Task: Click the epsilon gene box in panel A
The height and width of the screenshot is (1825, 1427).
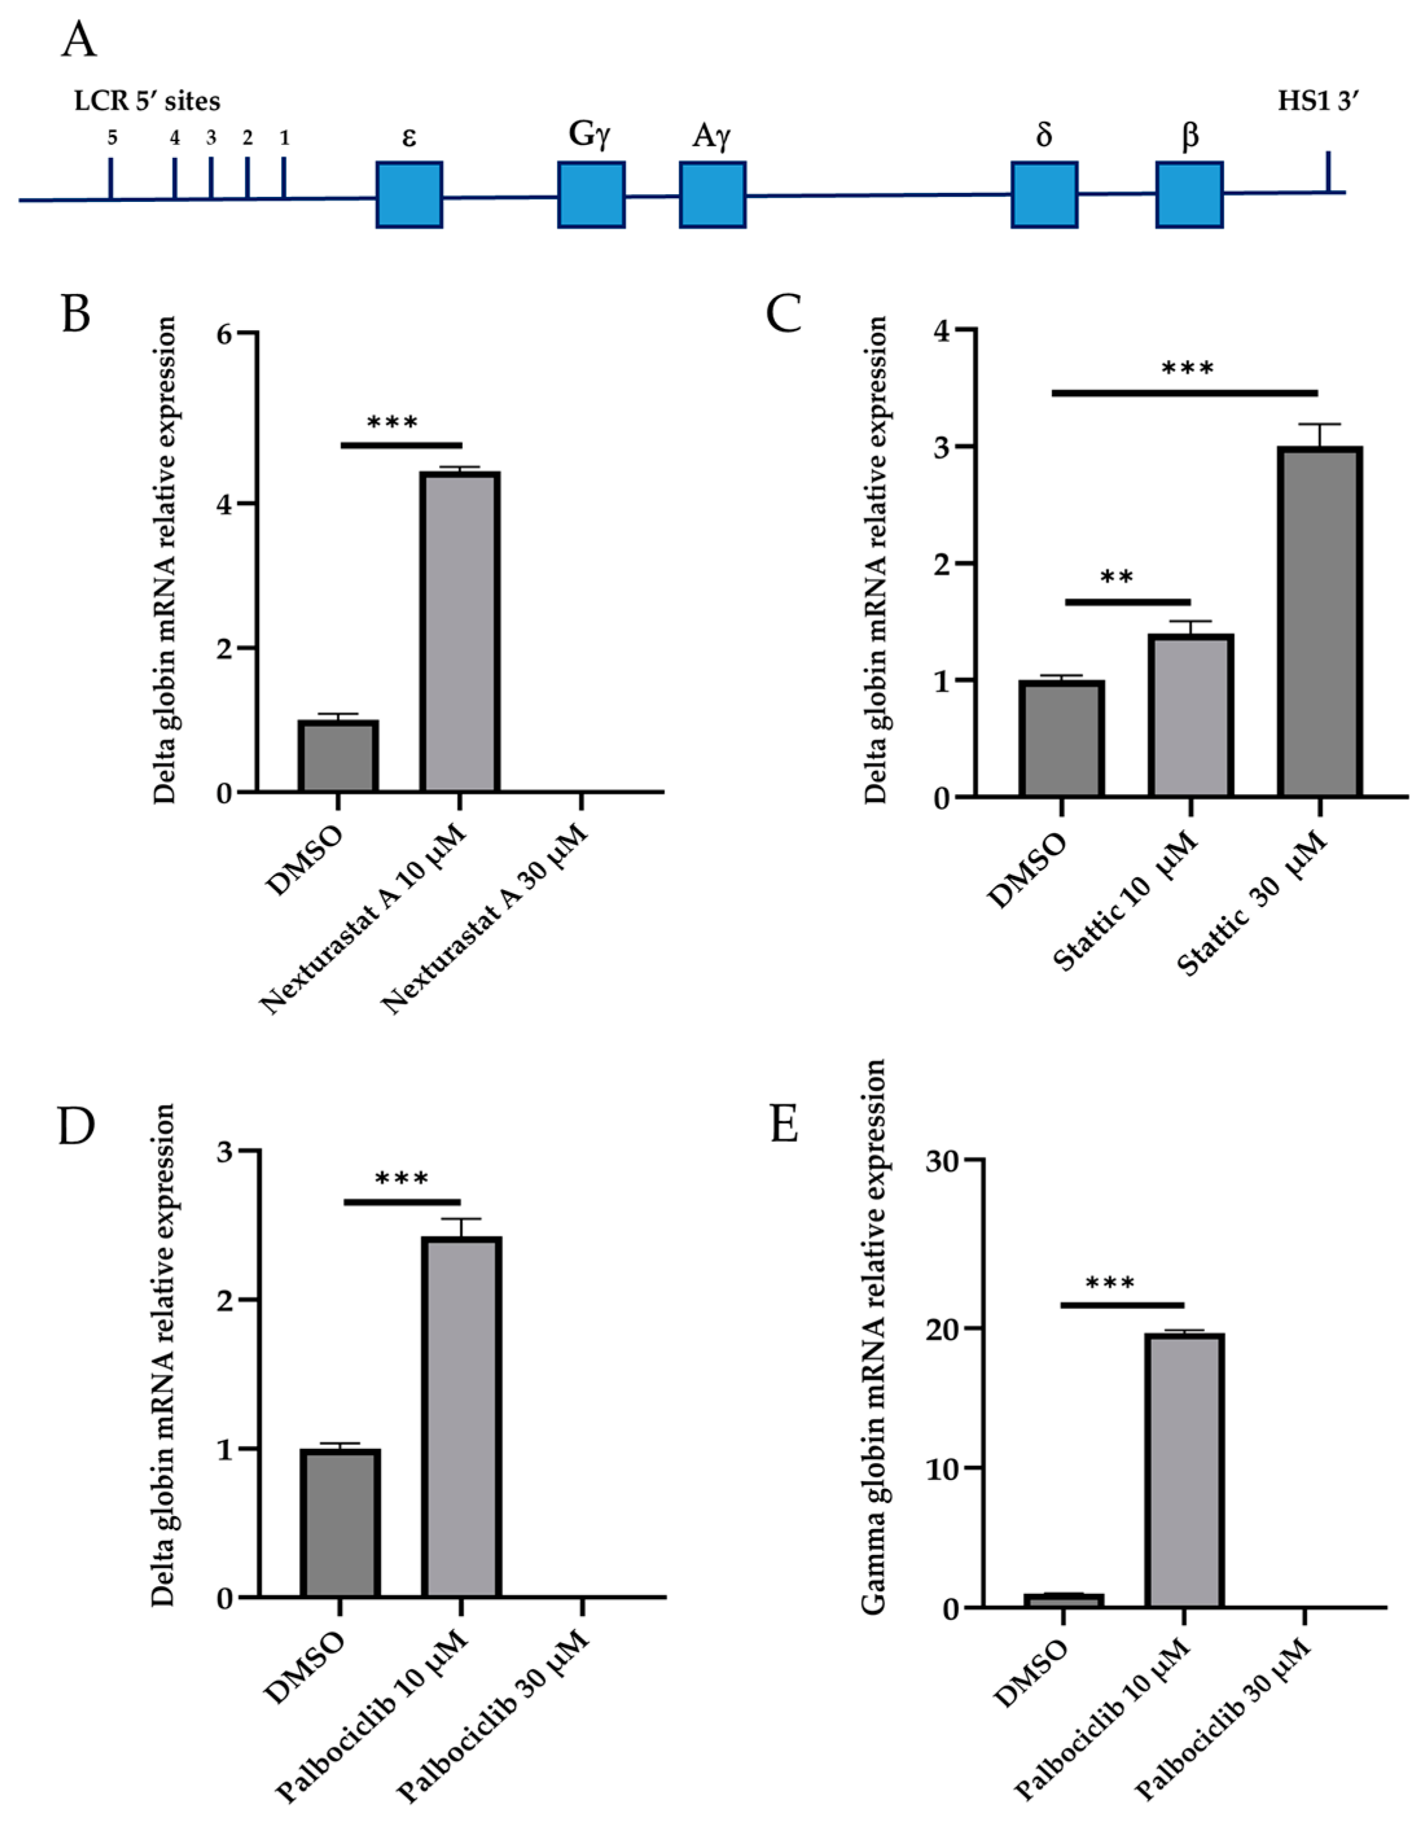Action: point(409,195)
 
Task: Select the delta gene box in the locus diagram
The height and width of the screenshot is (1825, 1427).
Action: point(1044,195)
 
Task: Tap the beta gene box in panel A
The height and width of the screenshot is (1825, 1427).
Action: point(1190,195)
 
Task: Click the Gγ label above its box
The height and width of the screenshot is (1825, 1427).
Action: point(590,135)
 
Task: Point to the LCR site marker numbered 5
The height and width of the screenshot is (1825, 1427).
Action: point(111,177)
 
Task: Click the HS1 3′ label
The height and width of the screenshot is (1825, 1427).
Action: point(1318,102)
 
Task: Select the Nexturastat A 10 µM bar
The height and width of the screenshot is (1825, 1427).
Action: point(460,632)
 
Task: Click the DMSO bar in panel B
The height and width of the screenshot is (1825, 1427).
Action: point(339,756)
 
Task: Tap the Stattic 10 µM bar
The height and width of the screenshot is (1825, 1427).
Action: point(1191,715)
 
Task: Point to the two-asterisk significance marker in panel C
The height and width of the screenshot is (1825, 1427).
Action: point(1117,577)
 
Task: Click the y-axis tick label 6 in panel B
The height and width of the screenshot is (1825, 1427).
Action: point(224,334)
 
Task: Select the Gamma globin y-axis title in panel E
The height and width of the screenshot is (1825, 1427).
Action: point(873,1337)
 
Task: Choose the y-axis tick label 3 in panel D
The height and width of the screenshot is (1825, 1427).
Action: point(224,1152)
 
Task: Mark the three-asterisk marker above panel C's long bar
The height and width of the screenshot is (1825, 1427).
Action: point(1187,368)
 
